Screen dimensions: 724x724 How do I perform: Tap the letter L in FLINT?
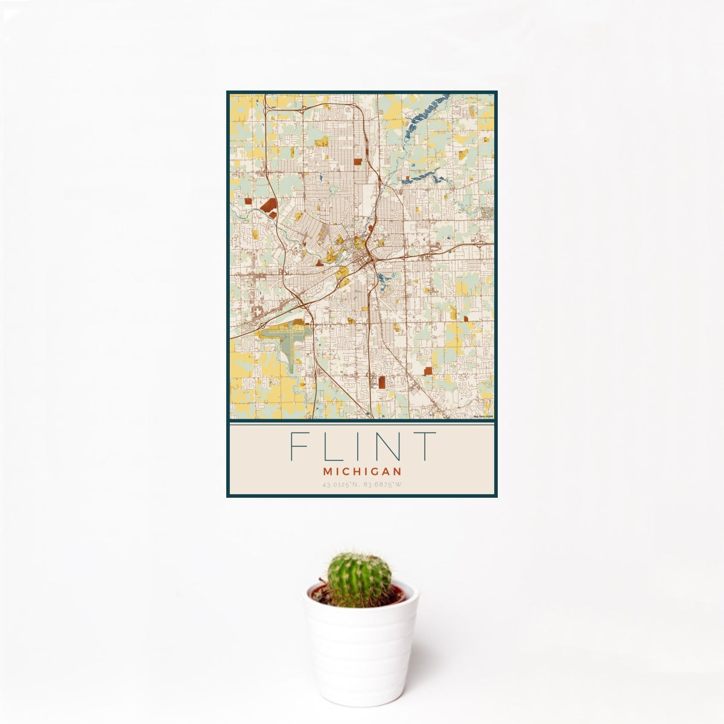click(x=328, y=446)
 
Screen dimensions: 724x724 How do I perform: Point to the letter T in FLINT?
click(x=424, y=446)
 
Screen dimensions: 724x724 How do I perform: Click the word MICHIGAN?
click(x=362, y=470)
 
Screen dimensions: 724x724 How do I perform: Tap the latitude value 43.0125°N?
click(x=341, y=484)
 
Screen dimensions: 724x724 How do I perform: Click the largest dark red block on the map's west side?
click(x=268, y=206)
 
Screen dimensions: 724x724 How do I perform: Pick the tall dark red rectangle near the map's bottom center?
click(x=382, y=381)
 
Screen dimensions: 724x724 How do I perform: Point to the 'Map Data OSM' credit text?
click(x=483, y=416)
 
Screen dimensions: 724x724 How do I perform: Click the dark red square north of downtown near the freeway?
click(x=358, y=162)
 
